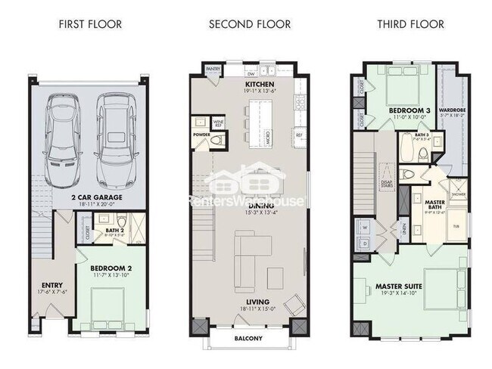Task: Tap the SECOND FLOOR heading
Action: [x=250, y=24]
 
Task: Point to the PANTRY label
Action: [x=214, y=69]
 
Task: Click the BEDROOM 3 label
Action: [x=409, y=111]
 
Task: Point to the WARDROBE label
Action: [x=452, y=110]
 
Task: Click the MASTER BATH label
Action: [x=434, y=204]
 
